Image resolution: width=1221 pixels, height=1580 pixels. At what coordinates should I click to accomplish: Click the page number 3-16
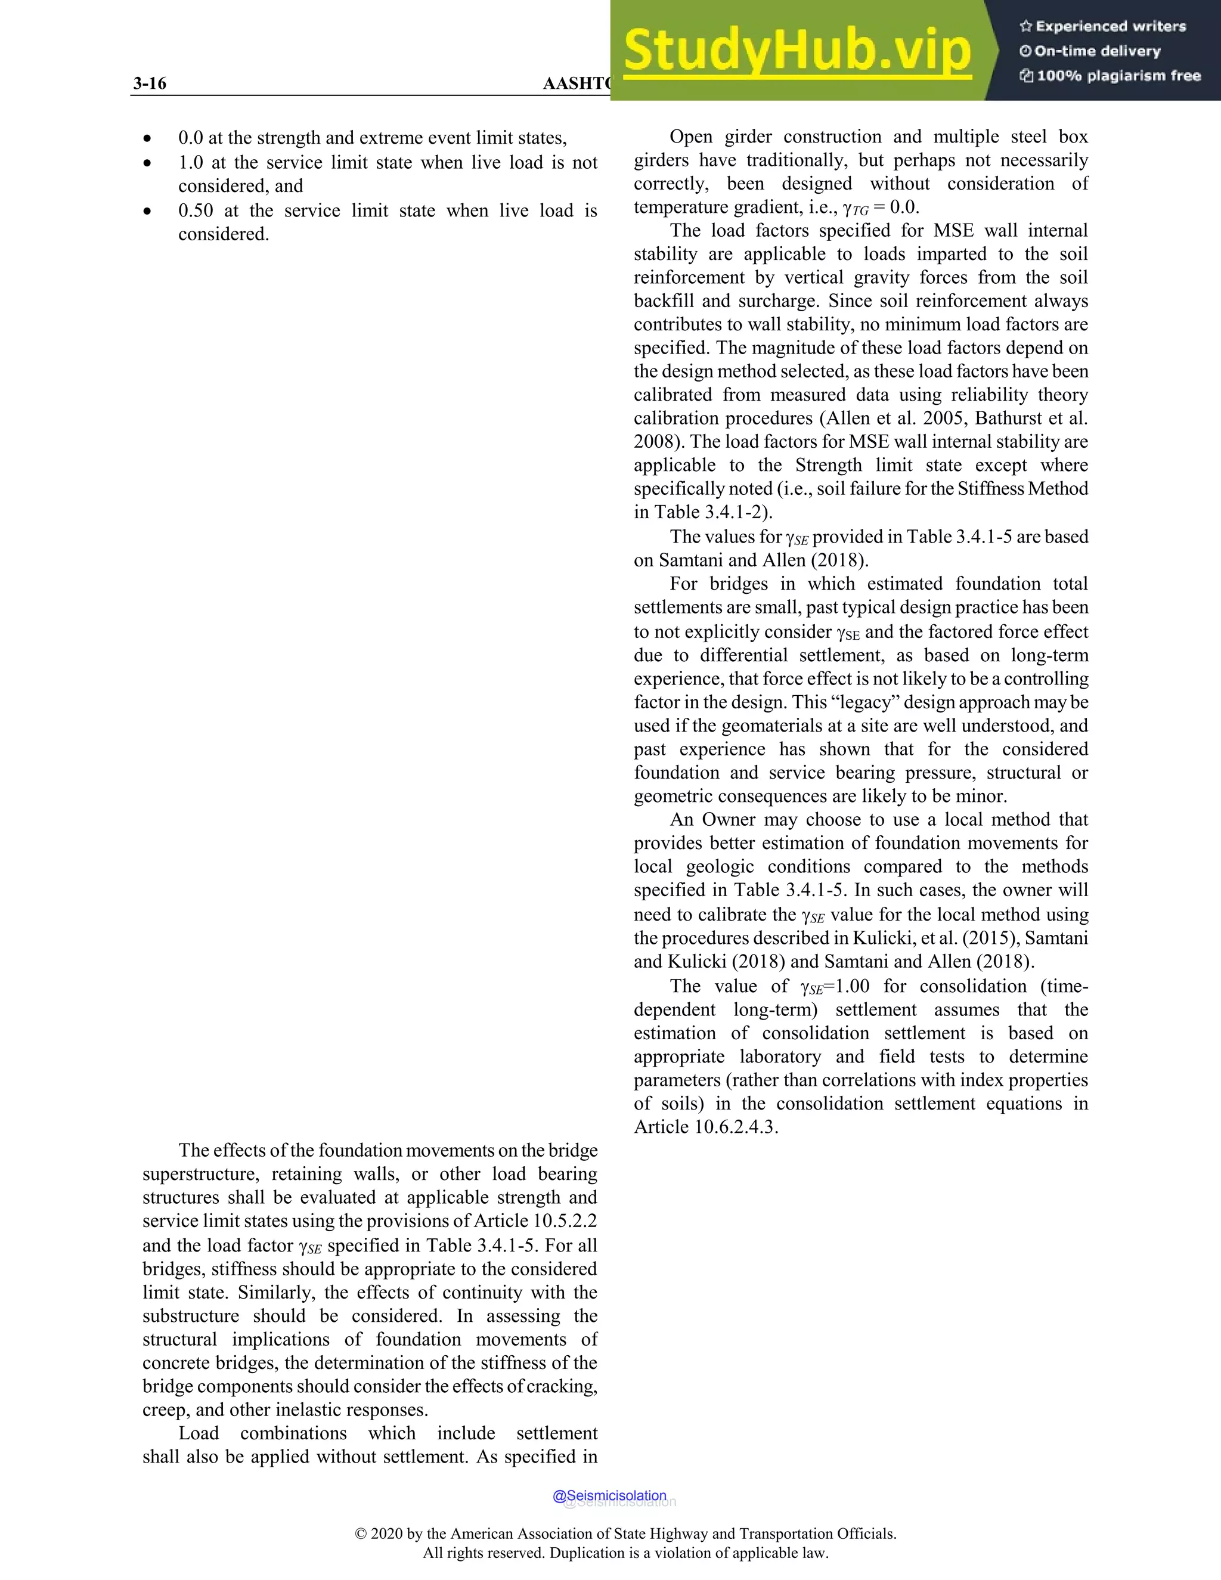click(x=150, y=83)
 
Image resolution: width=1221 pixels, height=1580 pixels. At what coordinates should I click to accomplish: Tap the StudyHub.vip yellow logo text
click(x=797, y=51)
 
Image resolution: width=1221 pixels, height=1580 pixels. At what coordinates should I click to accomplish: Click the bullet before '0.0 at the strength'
click(x=148, y=139)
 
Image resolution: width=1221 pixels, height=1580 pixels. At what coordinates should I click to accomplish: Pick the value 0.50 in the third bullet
click(x=196, y=210)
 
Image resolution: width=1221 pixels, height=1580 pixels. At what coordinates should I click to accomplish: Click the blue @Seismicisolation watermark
click(x=609, y=1495)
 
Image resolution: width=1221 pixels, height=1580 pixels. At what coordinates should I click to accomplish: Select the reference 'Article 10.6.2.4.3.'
click(x=706, y=1127)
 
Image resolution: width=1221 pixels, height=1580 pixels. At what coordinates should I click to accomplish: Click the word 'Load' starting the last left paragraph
click(x=199, y=1433)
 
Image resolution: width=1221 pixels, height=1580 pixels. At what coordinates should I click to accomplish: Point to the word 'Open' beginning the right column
click(x=692, y=137)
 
